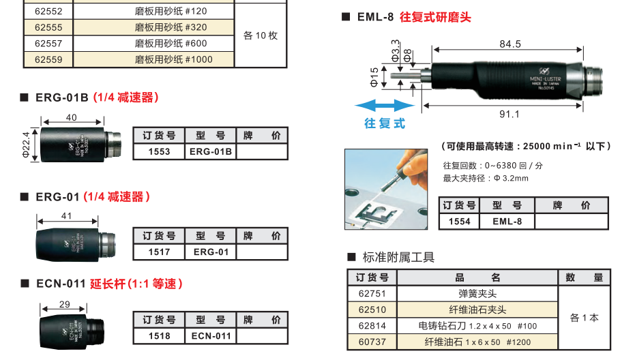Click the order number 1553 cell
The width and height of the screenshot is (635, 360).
(159, 151)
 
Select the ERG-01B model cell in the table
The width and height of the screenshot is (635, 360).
(210, 151)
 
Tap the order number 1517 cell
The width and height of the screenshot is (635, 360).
(159, 252)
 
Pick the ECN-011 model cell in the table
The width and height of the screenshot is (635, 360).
(210, 335)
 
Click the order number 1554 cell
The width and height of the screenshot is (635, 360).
(459, 221)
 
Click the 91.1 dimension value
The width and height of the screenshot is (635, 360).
(510, 114)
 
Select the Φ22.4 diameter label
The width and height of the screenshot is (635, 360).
(27, 145)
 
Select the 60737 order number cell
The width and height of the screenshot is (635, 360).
(372, 342)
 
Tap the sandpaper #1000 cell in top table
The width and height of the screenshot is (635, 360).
(173, 59)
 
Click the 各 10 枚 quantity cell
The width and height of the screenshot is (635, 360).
(261, 35)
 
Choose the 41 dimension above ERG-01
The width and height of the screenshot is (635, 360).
(66, 215)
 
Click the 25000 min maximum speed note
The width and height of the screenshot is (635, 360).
(525, 146)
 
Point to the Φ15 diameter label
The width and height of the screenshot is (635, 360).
(374, 77)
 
